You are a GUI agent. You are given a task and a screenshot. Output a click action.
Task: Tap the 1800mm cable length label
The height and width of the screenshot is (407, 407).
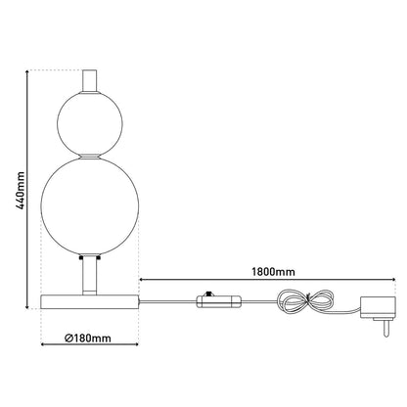273,271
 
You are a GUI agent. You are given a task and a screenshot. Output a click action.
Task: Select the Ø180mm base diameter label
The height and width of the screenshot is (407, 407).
89,339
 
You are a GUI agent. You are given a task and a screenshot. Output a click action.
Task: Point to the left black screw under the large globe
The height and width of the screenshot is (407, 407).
81,259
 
